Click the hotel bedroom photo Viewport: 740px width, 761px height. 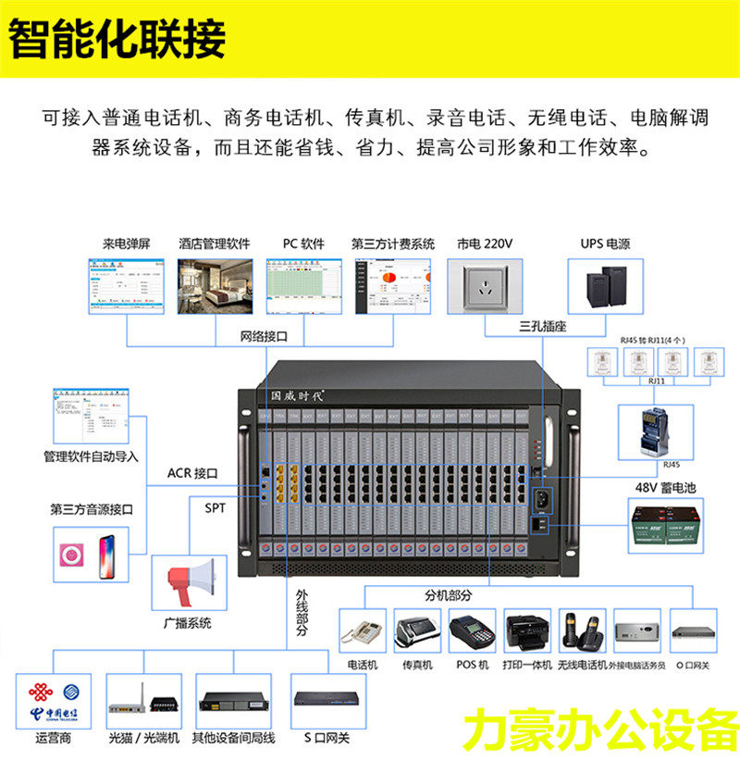point(215,285)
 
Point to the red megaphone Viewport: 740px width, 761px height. point(191,581)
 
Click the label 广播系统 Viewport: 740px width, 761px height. point(189,623)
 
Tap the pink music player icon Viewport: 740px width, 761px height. point(72,554)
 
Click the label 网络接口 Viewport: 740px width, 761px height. point(265,335)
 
